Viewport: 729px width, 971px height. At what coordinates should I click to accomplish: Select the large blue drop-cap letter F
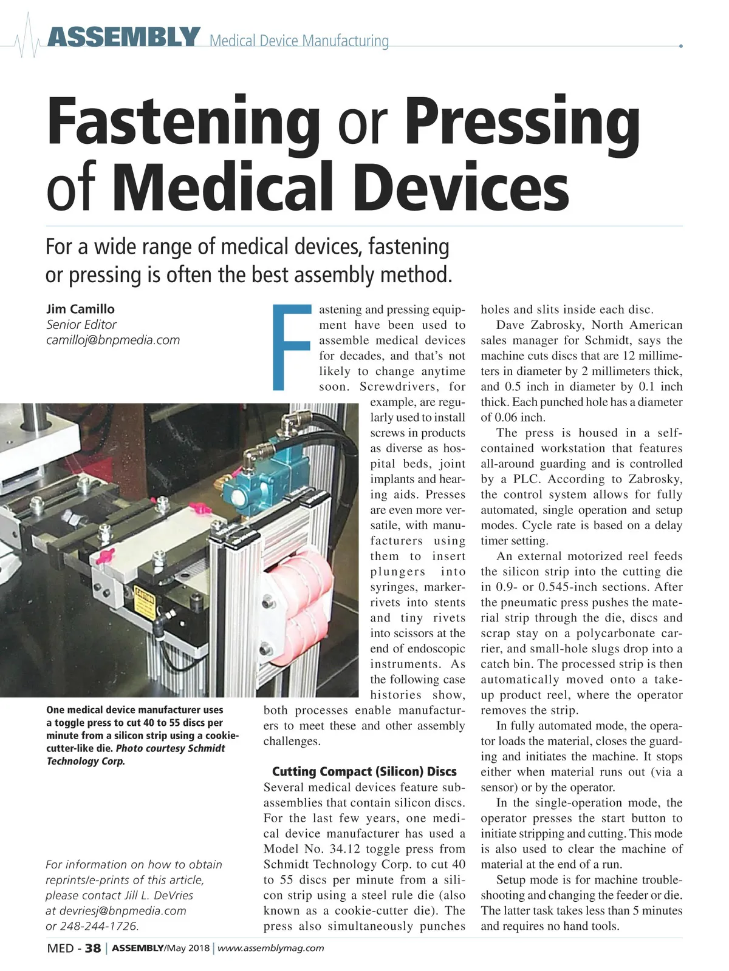290,346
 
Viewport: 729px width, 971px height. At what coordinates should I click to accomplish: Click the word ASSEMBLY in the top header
123,38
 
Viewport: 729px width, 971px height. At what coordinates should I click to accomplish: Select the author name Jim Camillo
80,310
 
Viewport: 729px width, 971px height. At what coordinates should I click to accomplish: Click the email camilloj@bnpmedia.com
113,340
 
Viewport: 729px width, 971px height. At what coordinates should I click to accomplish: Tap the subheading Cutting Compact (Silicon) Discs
364,772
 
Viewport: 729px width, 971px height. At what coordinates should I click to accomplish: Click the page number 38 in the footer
92,949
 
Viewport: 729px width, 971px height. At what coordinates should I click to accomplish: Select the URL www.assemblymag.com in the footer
271,949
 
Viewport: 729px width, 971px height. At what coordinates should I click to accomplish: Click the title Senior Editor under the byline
81,325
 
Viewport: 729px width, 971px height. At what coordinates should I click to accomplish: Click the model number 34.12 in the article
351,849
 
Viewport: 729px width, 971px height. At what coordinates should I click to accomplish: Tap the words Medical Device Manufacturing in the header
299,41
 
